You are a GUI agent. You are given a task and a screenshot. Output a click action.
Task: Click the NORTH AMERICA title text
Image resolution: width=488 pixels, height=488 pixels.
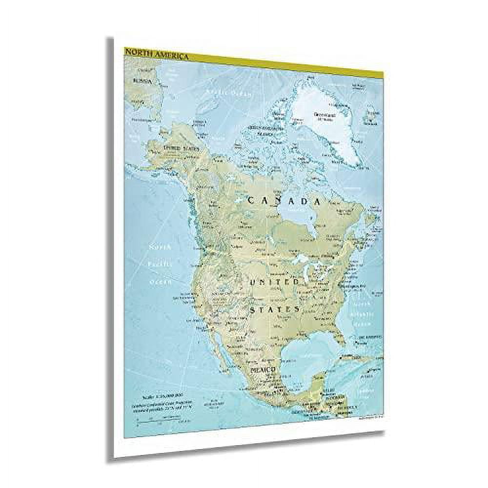point(156,54)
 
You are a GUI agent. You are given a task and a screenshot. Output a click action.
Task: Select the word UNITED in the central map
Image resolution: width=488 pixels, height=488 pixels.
point(274,283)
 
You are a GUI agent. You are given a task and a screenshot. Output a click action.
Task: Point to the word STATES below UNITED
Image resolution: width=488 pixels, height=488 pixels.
point(274,309)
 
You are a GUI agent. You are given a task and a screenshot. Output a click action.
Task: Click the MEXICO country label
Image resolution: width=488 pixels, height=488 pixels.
point(264,370)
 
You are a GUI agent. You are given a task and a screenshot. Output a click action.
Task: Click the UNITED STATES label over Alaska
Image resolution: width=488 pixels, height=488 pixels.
point(182,147)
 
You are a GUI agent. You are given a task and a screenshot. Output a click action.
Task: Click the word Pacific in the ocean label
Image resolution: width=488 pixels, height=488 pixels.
point(161,264)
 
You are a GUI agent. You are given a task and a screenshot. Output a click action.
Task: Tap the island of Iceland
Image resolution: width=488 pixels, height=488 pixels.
point(370,115)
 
